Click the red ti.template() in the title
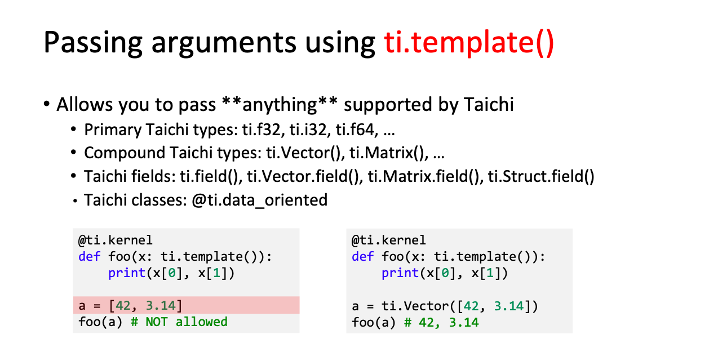[x=469, y=42]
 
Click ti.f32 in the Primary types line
[x=262, y=130]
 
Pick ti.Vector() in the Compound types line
[x=305, y=153]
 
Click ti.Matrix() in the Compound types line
[x=389, y=153]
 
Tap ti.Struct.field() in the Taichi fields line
[x=541, y=176]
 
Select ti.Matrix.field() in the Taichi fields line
[x=426, y=176]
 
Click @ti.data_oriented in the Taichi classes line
[x=260, y=200]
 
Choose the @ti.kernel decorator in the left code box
[x=115, y=240]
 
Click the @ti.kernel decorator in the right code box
[x=389, y=240]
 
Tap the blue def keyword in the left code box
[x=89, y=257]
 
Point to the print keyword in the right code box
[x=400, y=273]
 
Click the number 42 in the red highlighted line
[x=123, y=306]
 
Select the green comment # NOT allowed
[x=179, y=322]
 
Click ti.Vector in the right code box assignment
[x=415, y=306]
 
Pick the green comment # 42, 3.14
[x=441, y=323]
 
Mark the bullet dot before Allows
[x=47, y=104]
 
